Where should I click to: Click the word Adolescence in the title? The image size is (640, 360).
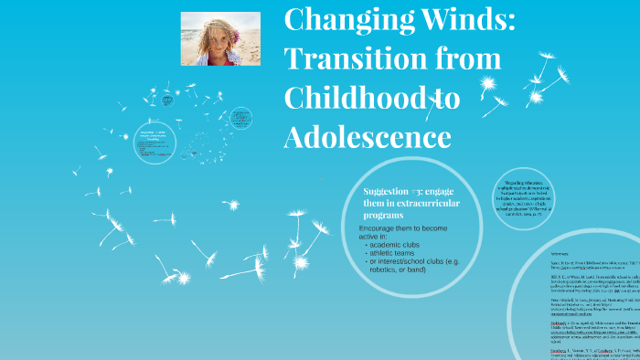point(368,136)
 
